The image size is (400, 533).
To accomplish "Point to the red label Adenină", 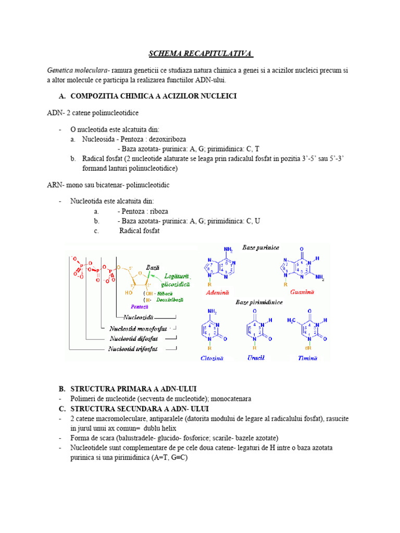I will (x=217, y=293).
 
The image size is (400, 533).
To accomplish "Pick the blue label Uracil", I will (x=256, y=358).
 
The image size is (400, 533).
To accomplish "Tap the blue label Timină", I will (x=307, y=358).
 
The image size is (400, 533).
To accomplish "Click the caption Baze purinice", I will (x=260, y=247).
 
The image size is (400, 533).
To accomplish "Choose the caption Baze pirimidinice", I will (x=259, y=302).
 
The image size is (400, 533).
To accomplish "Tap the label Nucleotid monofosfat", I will (x=139, y=329).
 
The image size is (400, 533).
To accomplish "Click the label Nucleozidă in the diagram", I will (x=137, y=316).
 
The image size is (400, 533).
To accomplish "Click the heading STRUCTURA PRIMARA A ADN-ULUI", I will (x=133, y=389).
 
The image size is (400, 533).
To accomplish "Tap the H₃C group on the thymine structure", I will (x=292, y=320).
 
